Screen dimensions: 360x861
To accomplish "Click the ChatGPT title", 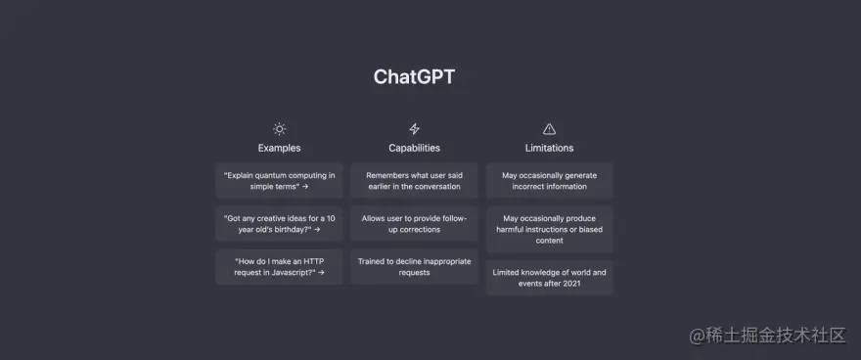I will click(x=414, y=77).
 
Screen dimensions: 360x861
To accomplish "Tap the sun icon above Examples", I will click(x=280, y=129).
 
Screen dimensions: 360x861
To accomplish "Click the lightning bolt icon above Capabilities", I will click(x=414, y=129).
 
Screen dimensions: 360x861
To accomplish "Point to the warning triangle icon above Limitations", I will click(x=549, y=129).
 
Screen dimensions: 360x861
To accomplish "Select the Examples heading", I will click(x=280, y=148).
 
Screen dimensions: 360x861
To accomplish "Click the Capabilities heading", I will click(x=414, y=148).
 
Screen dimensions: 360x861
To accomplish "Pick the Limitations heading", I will click(x=549, y=148).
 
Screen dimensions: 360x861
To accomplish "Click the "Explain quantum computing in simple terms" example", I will click(x=280, y=181).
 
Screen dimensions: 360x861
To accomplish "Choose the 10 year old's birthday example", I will click(x=280, y=224).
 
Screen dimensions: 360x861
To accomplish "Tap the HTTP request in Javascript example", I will click(x=280, y=267).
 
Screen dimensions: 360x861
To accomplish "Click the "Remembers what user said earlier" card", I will click(x=414, y=181).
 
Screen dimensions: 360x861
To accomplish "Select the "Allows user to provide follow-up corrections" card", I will click(x=414, y=224).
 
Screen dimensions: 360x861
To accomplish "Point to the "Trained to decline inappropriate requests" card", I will click(x=414, y=267).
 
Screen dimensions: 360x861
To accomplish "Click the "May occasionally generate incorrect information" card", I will click(x=549, y=181).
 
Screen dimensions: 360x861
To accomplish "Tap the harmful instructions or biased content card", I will click(x=549, y=229).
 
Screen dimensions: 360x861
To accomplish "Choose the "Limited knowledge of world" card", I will click(x=549, y=278).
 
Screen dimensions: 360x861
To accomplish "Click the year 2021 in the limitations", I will click(x=571, y=284).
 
